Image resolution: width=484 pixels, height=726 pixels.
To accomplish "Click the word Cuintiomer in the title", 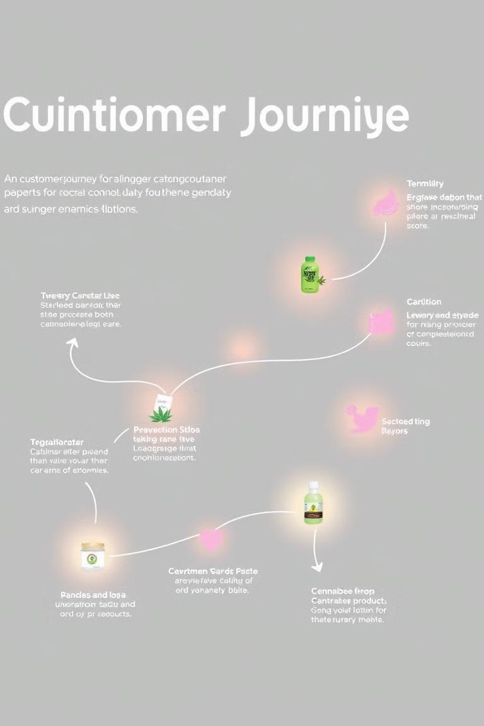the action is click(114, 117).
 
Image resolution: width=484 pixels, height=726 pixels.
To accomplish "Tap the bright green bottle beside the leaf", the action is click(309, 275).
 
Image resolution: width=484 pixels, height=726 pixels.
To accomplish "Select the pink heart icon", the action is click(210, 539).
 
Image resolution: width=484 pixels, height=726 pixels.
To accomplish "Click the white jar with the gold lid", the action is click(93, 556).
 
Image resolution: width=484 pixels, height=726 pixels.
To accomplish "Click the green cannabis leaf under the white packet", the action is click(161, 415).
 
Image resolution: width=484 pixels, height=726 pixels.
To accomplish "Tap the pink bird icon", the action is click(362, 418).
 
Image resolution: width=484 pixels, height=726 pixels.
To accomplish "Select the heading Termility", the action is click(425, 183).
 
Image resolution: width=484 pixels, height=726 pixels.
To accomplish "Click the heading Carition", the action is click(423, 302).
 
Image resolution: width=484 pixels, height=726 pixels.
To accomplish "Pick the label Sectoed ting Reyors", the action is click(405, 426).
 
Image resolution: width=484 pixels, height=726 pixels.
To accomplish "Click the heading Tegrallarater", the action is click(57, 442).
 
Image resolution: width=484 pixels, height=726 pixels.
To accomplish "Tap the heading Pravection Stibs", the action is click(166, 430).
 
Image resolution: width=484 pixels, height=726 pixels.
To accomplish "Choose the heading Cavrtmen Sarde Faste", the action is click(212, 571).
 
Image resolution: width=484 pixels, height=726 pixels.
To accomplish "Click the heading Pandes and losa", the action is click(93, 595).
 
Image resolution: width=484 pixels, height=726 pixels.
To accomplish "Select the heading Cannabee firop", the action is click(342, 591).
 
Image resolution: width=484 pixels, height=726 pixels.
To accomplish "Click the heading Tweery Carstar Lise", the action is click(80, 296).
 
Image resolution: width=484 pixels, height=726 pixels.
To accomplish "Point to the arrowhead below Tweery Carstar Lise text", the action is click(72, 343).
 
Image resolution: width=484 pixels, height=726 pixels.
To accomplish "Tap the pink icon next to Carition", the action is click(380, 321).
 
